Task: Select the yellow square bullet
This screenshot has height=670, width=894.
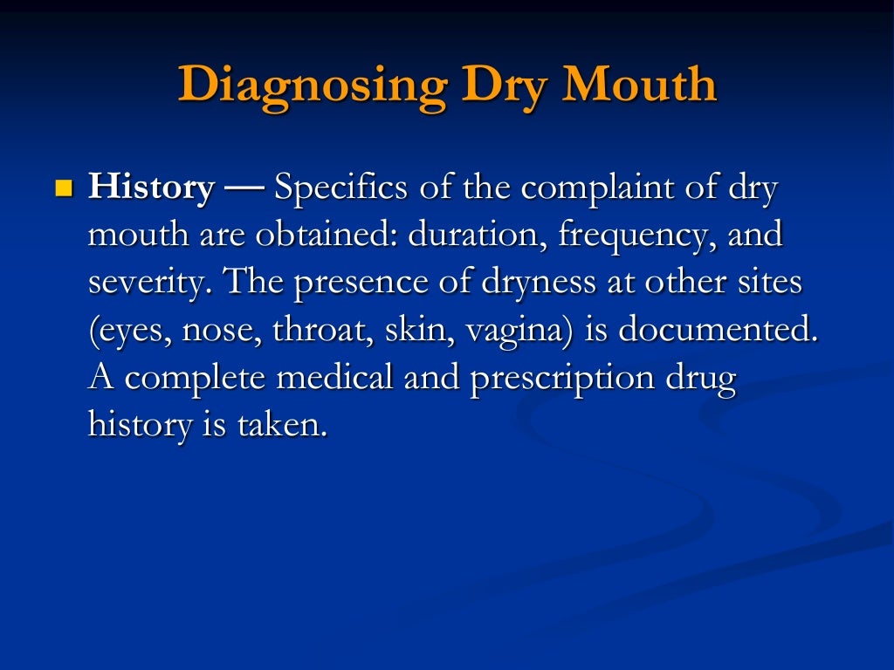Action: click(x=63, y=188)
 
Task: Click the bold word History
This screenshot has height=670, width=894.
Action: click(x=151, y=188)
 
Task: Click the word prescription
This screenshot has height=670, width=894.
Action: click(x=563, y=379)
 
